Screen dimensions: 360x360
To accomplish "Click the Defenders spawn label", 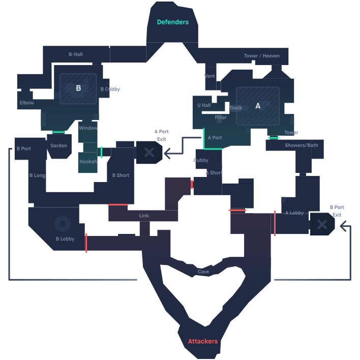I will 172,22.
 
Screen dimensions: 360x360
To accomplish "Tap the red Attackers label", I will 203,341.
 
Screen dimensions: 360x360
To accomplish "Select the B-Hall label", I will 75,54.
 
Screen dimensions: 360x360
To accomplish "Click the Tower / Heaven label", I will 261,56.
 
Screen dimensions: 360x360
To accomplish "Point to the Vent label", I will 209,76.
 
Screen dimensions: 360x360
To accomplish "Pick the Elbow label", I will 26,103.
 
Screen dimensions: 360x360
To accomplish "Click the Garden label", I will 58,146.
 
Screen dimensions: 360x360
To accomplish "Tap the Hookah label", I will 88,162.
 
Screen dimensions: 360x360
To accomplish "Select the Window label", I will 88,128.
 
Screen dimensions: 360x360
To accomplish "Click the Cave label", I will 203,272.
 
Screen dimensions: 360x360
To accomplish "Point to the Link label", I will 144,216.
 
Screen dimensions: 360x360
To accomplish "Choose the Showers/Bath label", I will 301,145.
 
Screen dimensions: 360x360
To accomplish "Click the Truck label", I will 235,108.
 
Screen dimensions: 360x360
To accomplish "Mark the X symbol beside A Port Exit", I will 149,152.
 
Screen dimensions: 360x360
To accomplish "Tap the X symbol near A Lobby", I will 322,224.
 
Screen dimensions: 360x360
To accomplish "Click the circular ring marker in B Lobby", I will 63,223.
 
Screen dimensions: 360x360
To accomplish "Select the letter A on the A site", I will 258,106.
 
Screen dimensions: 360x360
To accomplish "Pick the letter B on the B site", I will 78,88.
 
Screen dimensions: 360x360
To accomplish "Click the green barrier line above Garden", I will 58,132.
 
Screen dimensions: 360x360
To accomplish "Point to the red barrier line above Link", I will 118,204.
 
